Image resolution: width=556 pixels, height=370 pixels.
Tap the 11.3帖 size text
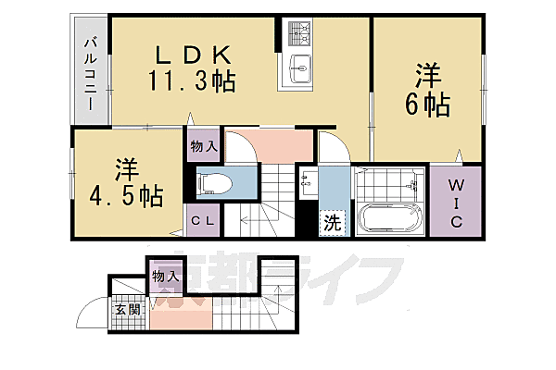(191, 81)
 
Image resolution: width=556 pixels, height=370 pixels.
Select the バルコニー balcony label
(91, 72)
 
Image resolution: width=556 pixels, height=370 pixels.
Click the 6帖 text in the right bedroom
(427, 105)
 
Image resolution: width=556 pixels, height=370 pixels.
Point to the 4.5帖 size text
(128, 196)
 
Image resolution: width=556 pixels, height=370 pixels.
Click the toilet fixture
(215, 183)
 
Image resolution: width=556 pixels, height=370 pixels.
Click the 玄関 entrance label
(128, 310)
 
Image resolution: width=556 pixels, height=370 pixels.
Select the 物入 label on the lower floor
(164, 276)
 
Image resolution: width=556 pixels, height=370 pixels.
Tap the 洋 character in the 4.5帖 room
(128, 170)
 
